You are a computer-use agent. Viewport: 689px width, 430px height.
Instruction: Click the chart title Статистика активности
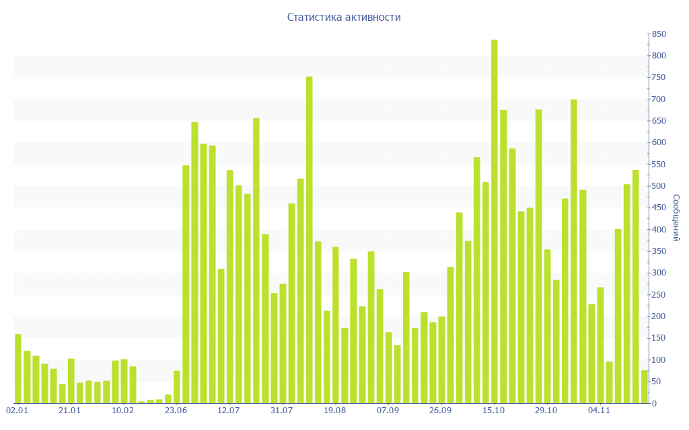pos(344,17)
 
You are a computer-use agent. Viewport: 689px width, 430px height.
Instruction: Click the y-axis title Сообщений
pos(676,218)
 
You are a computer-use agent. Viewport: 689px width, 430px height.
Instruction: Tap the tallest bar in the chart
pos(495,222)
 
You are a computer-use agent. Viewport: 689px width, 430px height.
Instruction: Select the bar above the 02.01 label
pos(18,369)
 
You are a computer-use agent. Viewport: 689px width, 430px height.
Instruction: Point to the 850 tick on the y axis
pos(658,34)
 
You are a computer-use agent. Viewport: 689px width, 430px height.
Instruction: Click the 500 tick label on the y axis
pos(658,186)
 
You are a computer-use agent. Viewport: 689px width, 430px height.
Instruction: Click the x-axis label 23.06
pos(176,411)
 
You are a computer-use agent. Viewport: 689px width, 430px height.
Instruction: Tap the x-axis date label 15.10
pos(495,411)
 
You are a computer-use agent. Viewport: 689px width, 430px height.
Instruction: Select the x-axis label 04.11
pos(600,411)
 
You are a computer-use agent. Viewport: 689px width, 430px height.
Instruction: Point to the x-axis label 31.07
pos(282,411)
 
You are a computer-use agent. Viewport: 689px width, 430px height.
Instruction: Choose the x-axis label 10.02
pos(123,411)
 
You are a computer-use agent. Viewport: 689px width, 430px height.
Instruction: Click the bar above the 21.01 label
pos(71,381)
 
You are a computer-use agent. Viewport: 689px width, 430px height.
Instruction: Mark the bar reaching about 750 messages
pos(310,240)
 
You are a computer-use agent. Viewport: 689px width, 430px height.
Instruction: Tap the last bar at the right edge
pos(645,387)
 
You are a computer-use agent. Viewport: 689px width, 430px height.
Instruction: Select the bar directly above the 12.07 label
pos(230,287)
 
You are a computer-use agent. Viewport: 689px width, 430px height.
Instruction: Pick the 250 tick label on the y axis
pos(658,295)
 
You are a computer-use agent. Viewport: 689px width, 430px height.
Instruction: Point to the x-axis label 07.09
pos(388,411)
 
